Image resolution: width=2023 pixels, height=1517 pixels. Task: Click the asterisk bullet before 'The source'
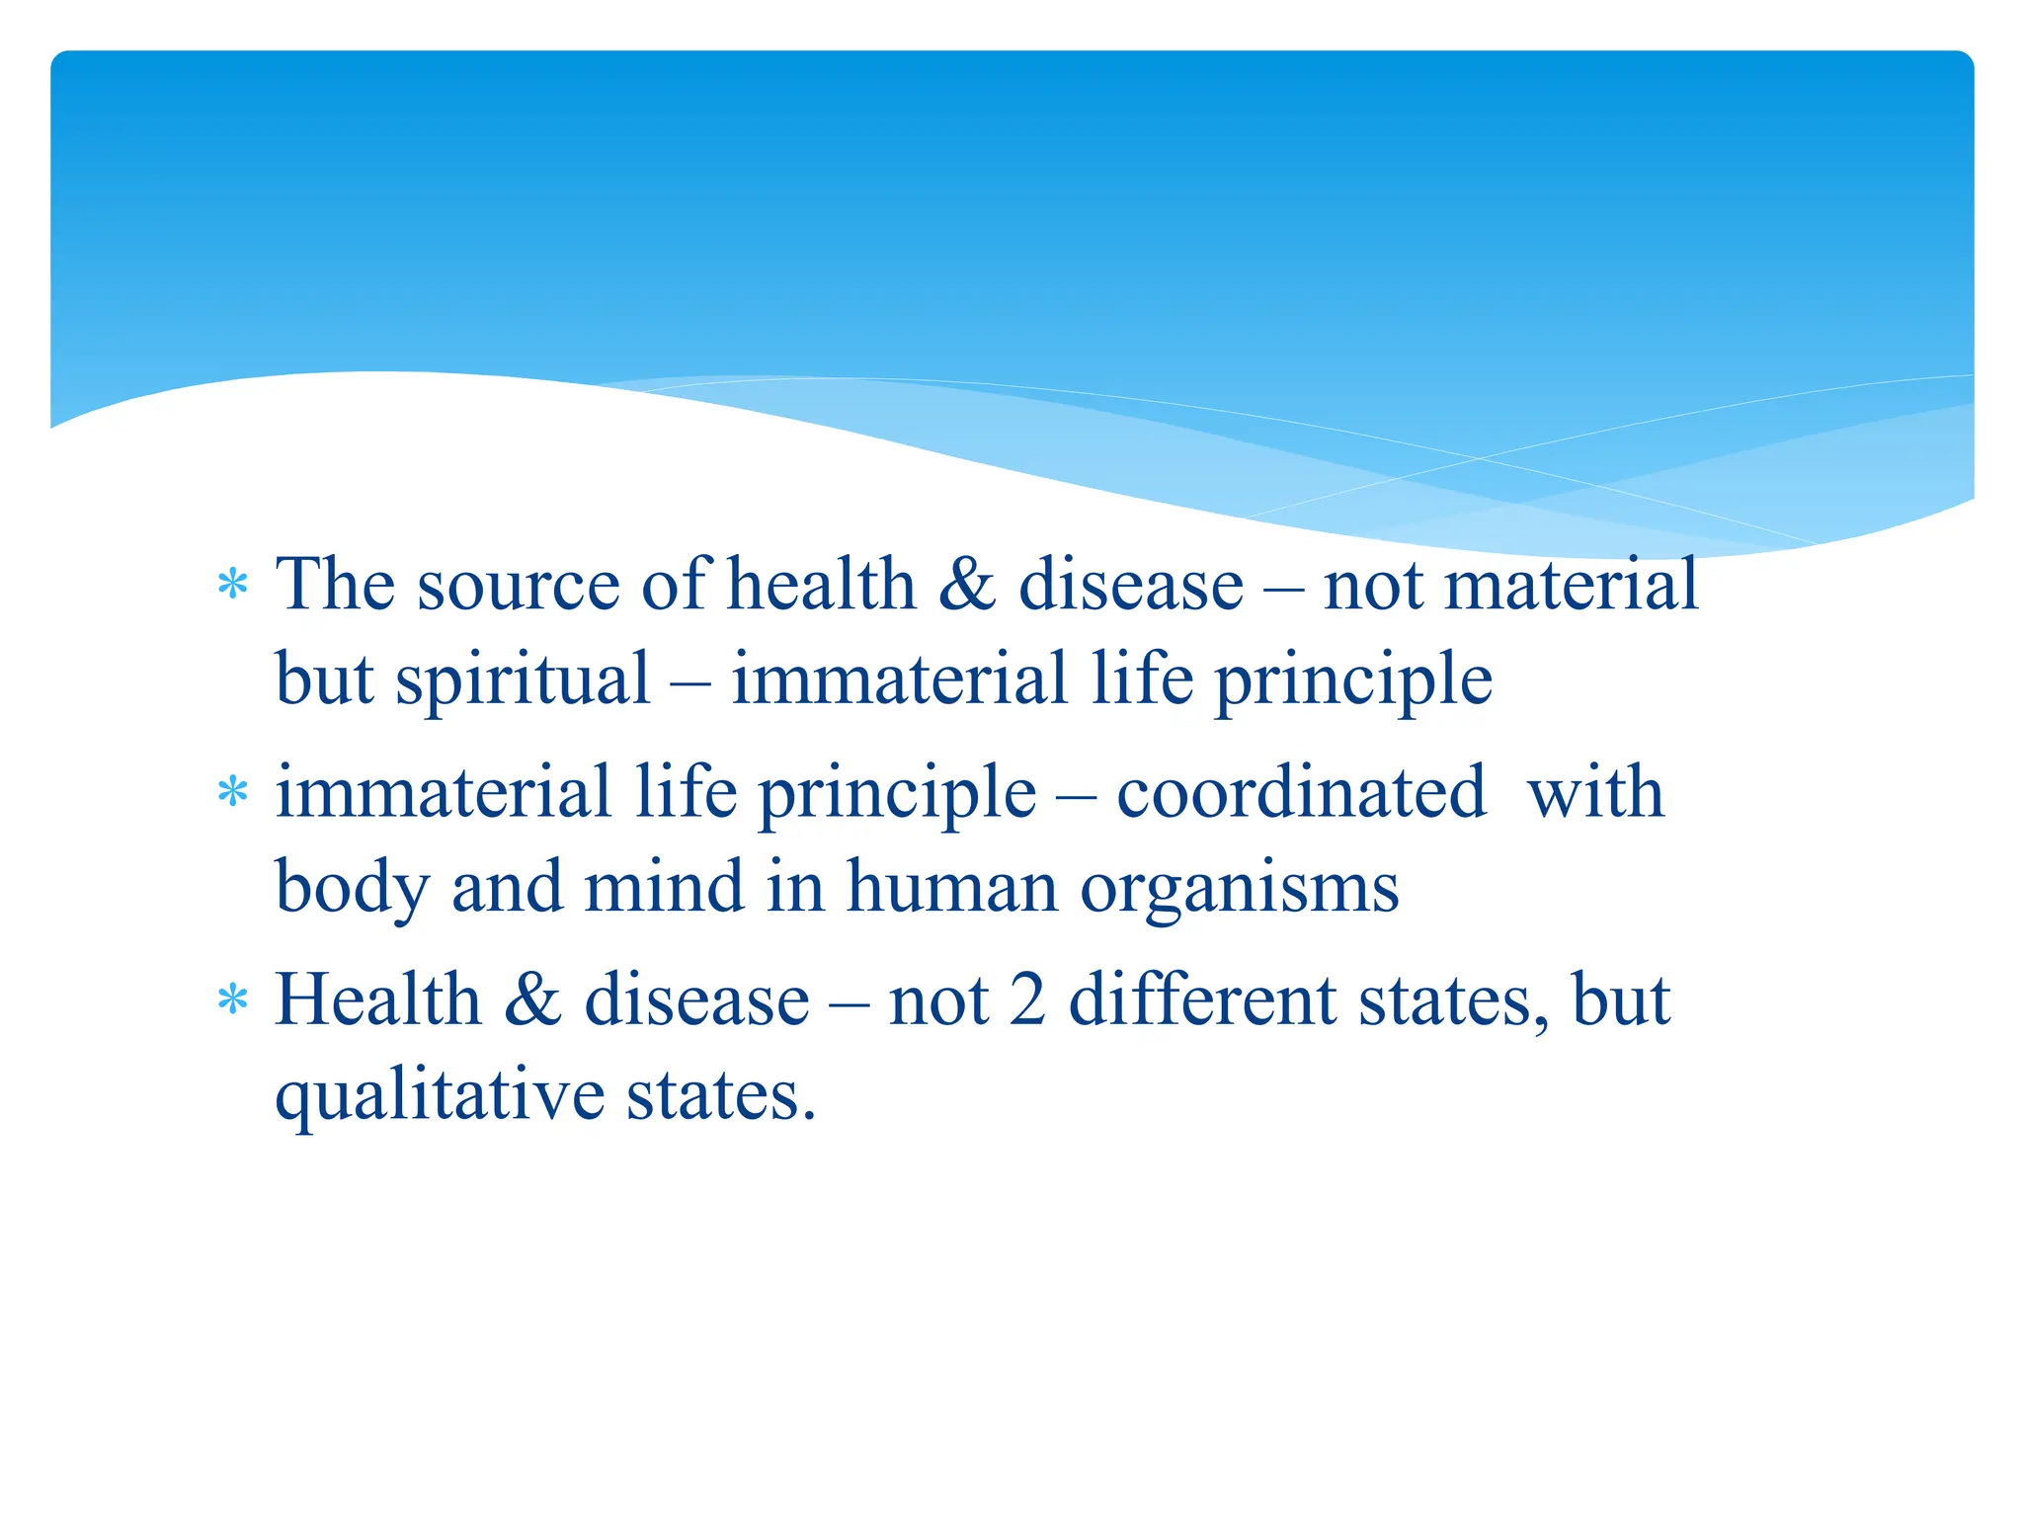(232, 585)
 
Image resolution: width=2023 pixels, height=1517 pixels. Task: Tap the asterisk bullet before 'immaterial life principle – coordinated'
(232, 792)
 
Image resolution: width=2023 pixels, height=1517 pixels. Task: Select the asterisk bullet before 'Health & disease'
(232, 1000)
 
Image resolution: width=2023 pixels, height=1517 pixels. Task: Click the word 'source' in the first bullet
(519, 586)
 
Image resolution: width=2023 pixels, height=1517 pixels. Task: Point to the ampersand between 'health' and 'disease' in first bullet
(967, 584)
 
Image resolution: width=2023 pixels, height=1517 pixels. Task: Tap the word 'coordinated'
(1301, 792)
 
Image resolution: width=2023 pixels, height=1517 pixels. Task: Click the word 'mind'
(664, 886)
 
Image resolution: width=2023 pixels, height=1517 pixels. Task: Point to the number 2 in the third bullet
(1028, 999)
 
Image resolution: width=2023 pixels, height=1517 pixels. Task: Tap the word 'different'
(1203, 999)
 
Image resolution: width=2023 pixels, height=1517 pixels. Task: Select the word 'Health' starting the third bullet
(377, 999)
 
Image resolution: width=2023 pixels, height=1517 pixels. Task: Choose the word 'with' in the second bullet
(1595, 792)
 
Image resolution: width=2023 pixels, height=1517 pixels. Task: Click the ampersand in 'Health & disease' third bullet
(532, 999)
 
